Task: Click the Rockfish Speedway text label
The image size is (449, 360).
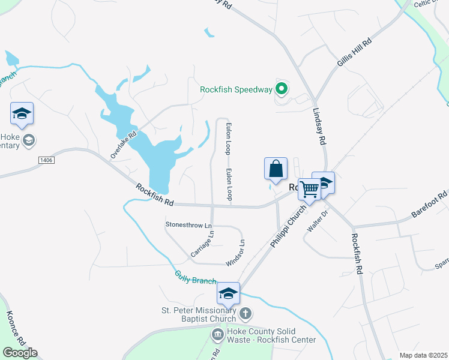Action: tap(236, 90)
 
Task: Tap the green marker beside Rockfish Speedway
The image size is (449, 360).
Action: tap(282, 90)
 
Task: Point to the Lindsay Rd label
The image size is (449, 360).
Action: tap(319, 127)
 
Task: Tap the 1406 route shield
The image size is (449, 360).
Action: tap(46, 160)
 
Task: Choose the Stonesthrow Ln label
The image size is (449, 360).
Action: tap(189, 225)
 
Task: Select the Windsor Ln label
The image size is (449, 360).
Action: tap(235, 253)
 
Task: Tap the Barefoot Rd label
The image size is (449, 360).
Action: tap(429, 205)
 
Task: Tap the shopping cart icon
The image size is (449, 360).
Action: tap(309, 189)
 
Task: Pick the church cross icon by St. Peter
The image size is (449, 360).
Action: tap(245, 313)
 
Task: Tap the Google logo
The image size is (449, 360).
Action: tap(20, 353)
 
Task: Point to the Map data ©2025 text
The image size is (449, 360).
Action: tap(423, 355)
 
